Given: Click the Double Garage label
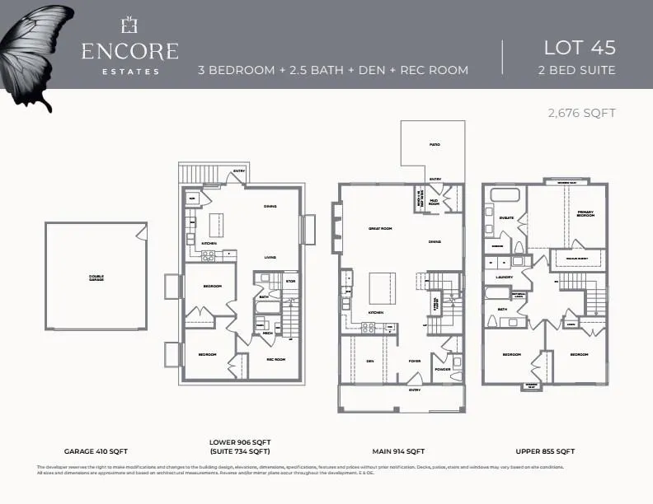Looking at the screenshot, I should (96, 278).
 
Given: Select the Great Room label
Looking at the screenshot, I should (378, 228).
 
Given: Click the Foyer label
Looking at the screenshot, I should (415, 361).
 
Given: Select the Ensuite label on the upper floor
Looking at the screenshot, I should (506, 218).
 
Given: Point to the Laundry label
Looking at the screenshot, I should (505, 278).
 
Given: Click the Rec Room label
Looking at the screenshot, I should (275, 359).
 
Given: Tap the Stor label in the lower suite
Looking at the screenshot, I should (290, 281).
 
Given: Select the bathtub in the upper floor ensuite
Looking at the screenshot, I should (505, 196).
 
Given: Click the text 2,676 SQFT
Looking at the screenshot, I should (582, 113).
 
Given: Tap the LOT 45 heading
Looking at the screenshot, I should (580, 47).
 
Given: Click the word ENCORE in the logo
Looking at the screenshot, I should (129, 51).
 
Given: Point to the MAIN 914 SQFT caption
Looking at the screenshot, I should (399, 451).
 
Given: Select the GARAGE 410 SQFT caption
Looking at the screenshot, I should (96, 451).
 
